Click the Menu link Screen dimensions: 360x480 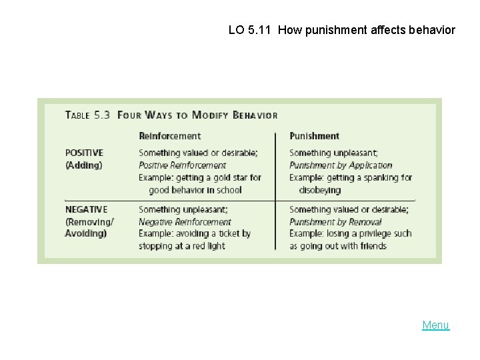tap(435, 325)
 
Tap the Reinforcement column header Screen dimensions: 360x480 tap(169, 136)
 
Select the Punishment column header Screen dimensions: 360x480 tap(314, 136)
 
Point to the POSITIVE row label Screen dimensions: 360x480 tap(85, 153)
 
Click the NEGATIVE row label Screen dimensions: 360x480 tap(86, 209)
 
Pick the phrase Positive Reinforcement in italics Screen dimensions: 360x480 tap(182, 165)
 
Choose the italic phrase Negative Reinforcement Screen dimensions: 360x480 tap(185, 222)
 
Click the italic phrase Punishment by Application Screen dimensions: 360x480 tap(341, 165)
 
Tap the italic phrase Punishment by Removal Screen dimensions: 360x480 tap(335, 222)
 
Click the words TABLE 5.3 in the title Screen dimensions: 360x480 tap(87, 115)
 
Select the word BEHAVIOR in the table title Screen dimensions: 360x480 tap(255, 115)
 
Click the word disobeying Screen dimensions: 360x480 tap(319, 190)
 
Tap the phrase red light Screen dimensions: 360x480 tap(208, 246)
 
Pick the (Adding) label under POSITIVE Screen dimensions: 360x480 tap(83, 165)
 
